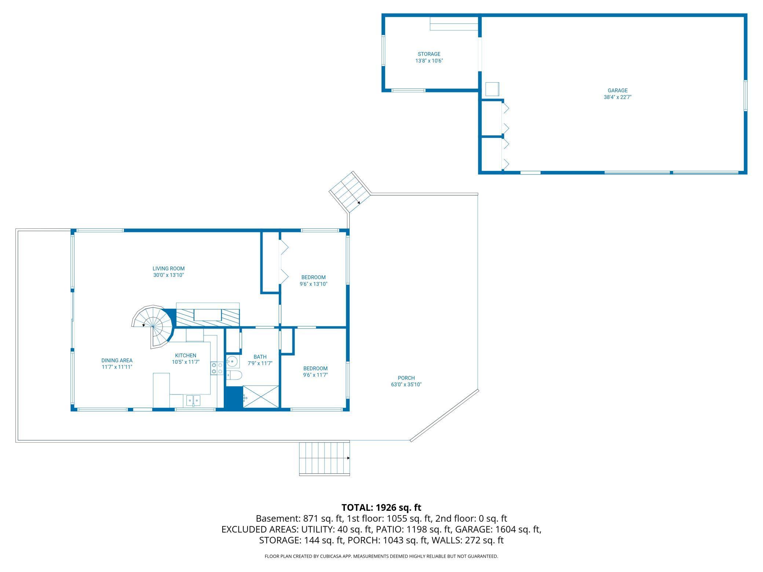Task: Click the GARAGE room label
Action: tap(617, 90)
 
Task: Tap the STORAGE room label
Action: tap(429, 54)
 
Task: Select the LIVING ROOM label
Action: tap(168, 268)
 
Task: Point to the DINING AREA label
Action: tap(117, 360)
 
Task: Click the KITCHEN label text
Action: tap(186, 355)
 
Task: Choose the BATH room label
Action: tap(260, 357)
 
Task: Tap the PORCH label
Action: tap(406, 378)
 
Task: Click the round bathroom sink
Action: tap(232, 361)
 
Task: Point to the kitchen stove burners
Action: tap(217, 368)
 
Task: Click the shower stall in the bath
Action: tap(260, 396)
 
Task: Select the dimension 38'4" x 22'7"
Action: tap(617, 97)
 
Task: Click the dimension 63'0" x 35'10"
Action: tap(406, 385)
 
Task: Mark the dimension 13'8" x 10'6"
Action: tap(429, 61)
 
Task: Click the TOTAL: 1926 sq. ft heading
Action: tap(381, 507)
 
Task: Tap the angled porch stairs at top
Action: tap(350, 192)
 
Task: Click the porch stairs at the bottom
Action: tap(324, 459)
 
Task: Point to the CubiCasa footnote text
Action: tap(381, 556)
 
